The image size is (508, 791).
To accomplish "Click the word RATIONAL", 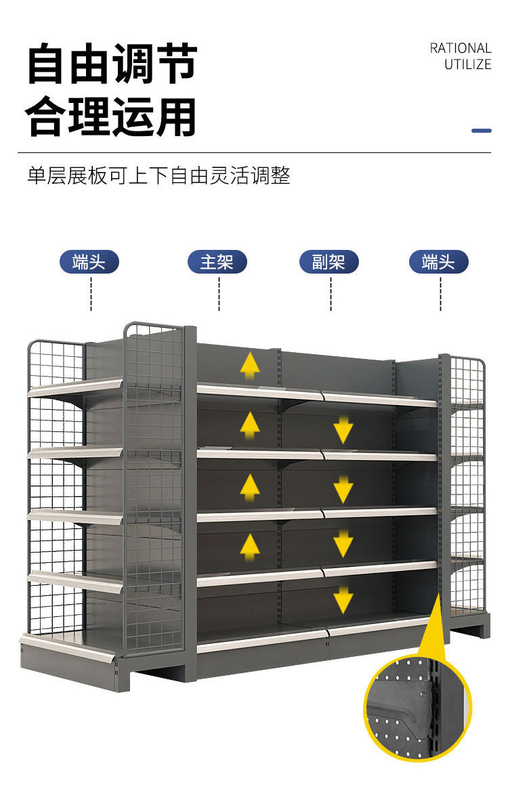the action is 461,48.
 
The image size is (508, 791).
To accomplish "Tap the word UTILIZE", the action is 468,65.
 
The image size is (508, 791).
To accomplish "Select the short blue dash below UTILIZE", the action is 481,130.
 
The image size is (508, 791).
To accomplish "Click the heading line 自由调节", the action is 112,64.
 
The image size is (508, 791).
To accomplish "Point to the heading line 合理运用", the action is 111,116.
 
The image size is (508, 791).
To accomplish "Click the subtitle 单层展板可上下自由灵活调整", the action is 158,176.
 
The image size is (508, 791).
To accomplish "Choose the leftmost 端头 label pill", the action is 89,262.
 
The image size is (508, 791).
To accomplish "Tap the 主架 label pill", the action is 217,262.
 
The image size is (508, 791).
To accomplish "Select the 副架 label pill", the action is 329,262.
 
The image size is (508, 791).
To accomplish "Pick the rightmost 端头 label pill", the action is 438,262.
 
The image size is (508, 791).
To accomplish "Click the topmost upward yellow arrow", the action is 250,366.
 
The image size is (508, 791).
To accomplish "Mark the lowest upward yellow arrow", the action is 250,547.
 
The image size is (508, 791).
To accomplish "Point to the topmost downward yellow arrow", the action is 343,429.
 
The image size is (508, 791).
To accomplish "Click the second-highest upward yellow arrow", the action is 250,425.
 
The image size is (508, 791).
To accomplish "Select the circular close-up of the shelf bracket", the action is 417,707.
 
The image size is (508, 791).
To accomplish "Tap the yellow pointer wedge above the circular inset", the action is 433,633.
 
